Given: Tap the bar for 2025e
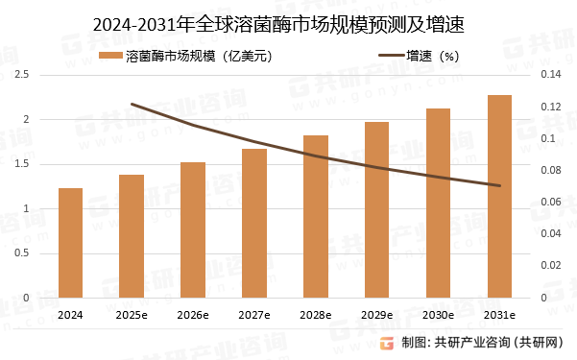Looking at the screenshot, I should click(x=132, y=236).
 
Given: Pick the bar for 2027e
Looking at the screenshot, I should click(x=254, y=224).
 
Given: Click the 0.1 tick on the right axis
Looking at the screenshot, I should click(x=546, y=138).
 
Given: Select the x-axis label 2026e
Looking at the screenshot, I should click(x=193, y=315).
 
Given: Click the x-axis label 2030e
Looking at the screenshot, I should click(x=438, y=315).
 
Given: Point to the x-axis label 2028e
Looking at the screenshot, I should click(x=316, y=315).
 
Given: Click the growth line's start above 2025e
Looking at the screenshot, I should click(x=132, y=104).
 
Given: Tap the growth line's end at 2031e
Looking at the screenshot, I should click(x=499, y=185).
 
